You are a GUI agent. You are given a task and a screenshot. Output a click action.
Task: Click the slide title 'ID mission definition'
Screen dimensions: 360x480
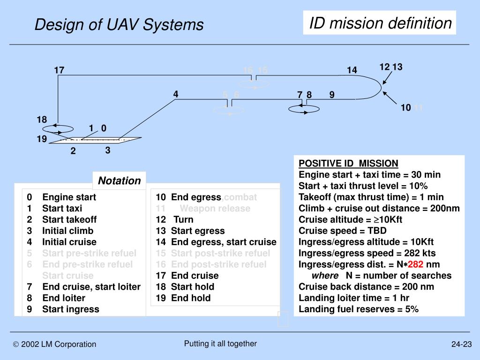[x=380, y=22]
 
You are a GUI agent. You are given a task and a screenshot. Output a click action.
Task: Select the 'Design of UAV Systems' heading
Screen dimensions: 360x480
[x=119, y=24]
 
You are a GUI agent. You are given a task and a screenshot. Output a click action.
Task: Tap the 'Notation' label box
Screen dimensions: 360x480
[x=119, y=181]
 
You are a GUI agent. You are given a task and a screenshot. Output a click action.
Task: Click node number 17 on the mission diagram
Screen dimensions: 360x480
[x=59, y=70]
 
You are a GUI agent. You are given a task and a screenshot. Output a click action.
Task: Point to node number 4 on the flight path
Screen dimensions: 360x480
[x=175, y=94]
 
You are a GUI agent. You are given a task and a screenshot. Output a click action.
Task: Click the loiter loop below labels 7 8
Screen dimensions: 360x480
[x=303, y=109]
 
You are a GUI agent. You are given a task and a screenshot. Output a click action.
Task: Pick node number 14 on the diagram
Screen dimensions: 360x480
[x=352, y=70]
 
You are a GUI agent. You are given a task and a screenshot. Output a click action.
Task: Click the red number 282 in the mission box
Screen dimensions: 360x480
[x=416, y=264]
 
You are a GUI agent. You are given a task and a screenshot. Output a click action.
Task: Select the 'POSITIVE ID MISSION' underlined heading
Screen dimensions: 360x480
[x=348, y=164]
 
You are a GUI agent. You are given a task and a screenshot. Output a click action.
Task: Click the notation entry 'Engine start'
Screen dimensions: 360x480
[x=69, y=197]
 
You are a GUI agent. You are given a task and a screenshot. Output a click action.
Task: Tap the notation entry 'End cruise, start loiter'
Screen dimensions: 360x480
[x=91, y=287]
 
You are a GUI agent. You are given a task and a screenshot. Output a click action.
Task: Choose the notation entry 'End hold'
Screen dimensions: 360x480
[x=191, y=298]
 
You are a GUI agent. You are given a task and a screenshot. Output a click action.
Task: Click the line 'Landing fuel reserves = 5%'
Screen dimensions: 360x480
[x=359, y=309]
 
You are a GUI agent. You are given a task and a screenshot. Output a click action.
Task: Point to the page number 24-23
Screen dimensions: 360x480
[x=461, y=345]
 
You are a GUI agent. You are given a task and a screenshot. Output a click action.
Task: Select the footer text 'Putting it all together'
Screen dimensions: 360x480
[x=220, y=344]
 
